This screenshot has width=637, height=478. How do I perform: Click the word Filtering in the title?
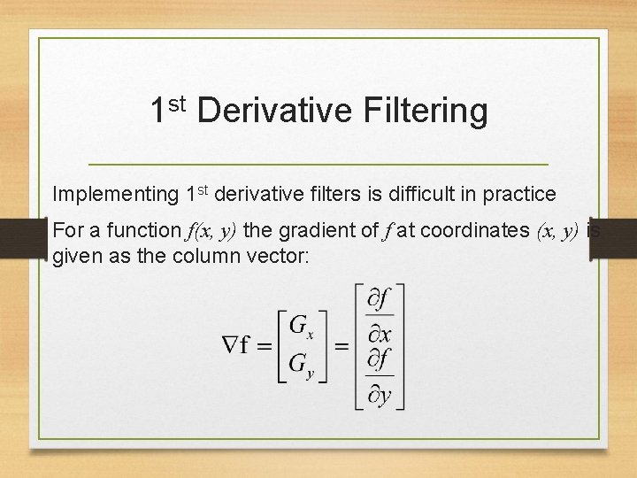pyautogui.click(x=425, y=112)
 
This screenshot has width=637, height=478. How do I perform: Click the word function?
pyautogui.click(x=142, y=231)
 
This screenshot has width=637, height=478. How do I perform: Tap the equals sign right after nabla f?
pyautogui.click(x=264, y=347)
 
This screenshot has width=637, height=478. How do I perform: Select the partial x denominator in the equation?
pyautogui.click(x=380, y=333)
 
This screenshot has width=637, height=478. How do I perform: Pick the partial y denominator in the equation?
pyautogui.click(x=380, y=394)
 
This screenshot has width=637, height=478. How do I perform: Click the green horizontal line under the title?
pyautogui.click(x=318, y=165)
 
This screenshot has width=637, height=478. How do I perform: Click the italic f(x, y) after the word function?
pyautogui.click(x=211, y=231)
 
